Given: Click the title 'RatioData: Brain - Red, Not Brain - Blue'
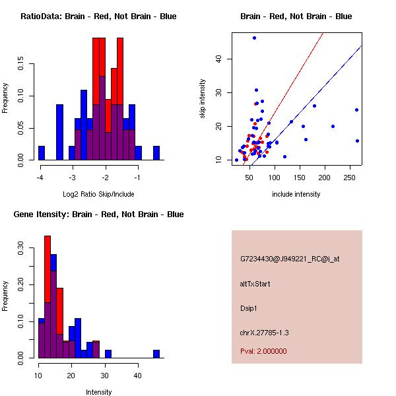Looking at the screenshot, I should click(98, 16).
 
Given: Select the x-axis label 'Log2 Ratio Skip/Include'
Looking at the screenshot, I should click(98, 195).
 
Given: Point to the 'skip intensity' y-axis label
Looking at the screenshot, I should click(203, 99).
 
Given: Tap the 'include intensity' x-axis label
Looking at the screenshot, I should click(296, 195).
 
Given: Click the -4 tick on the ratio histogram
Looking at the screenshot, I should click(41, 178).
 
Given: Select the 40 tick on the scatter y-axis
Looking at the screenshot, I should click(219, 59).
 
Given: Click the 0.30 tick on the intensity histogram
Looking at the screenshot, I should click(21, 250).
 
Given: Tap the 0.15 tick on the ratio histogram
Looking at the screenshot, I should click(21, 65).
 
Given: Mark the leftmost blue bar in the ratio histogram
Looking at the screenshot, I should click(42, 153).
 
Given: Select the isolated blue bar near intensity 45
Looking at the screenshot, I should click(156, 354).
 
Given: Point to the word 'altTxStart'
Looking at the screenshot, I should click(255, 284).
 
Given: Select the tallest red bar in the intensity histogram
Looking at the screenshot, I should click(48, 296).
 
